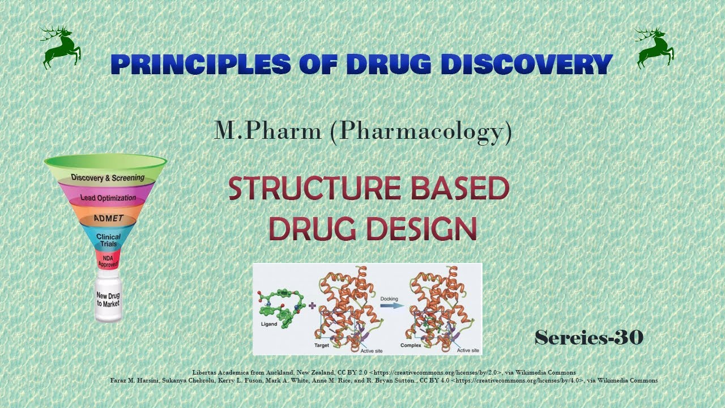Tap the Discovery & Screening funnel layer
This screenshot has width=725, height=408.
tap(108, 177)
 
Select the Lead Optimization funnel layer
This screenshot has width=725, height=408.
tap(108, 198)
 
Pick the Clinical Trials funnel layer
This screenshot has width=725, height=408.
tap(108, 240)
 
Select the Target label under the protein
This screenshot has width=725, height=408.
tap(322, 345)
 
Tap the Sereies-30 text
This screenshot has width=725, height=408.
tap(589, 338)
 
